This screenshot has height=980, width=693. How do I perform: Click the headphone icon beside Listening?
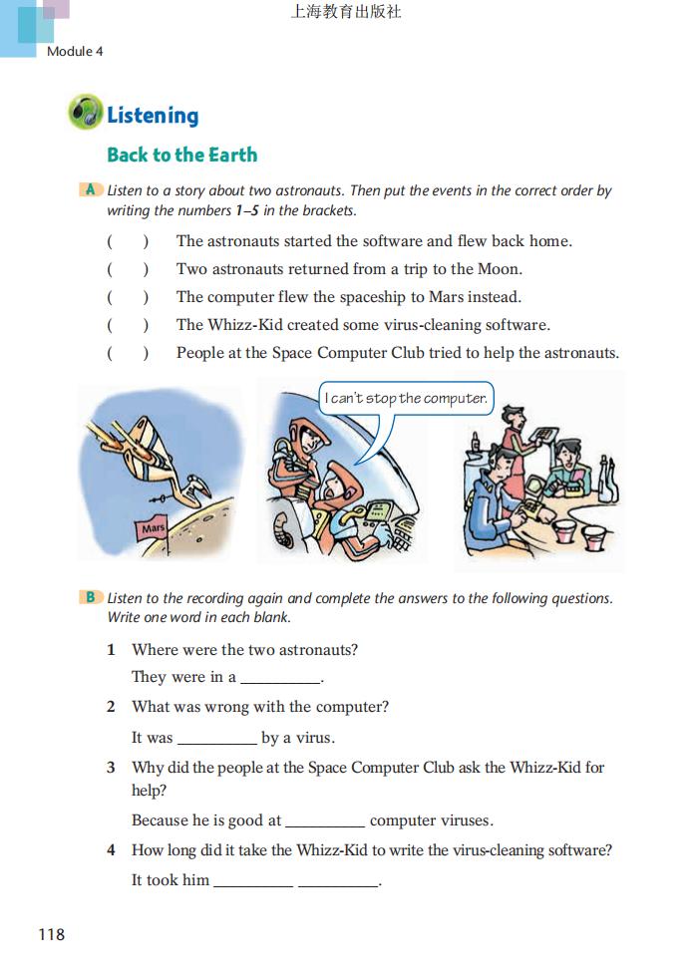coord(86,113)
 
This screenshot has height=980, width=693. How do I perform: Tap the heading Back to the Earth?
coord(182,155)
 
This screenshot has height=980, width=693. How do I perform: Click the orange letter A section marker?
coord(90,189)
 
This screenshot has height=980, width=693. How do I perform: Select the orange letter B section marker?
coord(90,597)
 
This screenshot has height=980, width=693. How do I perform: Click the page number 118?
coord(51,934)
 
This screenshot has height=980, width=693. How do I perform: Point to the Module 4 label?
coord(75,51)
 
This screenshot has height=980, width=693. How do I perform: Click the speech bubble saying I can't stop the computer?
coord(407,399)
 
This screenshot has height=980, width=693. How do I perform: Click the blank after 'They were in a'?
coord(280,678)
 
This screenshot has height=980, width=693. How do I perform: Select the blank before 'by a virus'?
coord(216,739)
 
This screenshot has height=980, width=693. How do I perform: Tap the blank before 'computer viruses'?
coord(325,821)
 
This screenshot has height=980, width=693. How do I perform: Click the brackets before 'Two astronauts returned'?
coord(128,269)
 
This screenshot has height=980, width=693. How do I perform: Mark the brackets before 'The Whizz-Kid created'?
coord(128,325)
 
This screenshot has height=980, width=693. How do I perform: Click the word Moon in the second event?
coord(499,269)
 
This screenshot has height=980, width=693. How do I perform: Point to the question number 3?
coord(112,768)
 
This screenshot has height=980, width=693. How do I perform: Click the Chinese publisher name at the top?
coord(346,13)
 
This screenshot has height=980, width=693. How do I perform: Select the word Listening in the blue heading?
coord(153,116)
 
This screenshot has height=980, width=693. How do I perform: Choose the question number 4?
coord(112,850)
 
